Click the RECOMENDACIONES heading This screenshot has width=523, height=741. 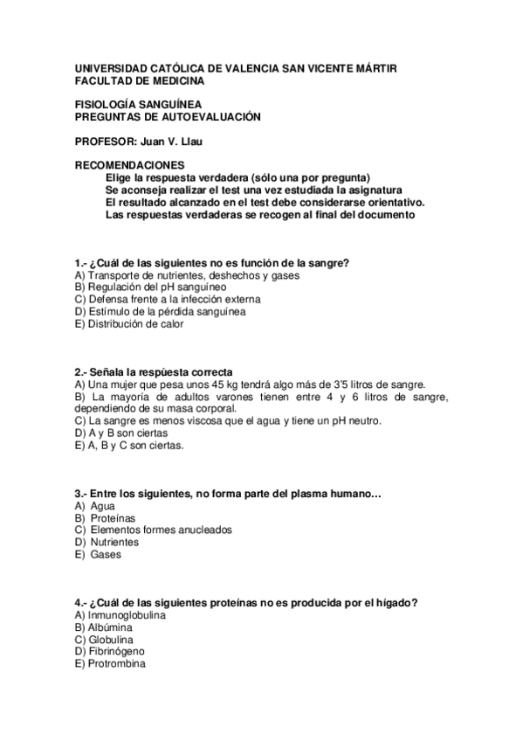point(129,164)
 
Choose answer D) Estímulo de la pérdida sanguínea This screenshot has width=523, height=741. point(160,311)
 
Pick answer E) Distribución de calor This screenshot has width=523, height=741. point(129,323)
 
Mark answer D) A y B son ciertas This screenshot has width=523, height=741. point(121,433)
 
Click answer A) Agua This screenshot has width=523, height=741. point(95,506)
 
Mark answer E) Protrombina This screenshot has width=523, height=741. point(110,663)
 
